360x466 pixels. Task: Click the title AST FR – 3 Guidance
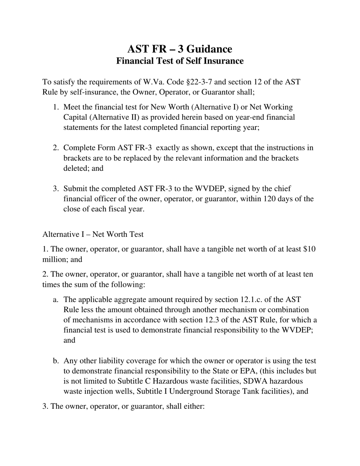point(180,49)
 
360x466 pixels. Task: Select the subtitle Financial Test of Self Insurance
point(180,61)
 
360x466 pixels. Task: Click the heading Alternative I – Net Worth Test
point(93,234)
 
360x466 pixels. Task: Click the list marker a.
point(56,300)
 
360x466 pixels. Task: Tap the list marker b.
point(56,361)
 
